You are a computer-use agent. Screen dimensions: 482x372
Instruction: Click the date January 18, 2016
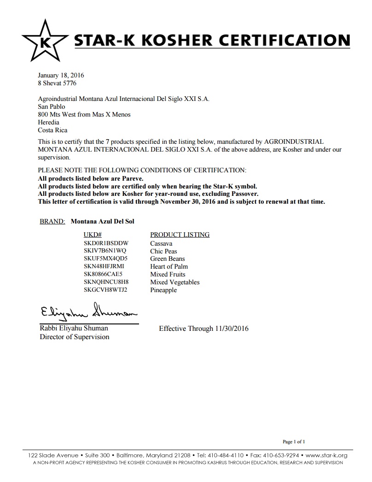tap(60, 75)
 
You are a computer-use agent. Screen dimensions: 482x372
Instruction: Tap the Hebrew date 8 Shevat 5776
tap(57, 83)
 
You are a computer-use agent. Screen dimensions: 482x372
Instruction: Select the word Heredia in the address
tap(48, 122)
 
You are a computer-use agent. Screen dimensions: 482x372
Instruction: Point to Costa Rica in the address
tap(52, 130)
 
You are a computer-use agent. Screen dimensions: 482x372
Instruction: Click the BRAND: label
tap(52, 221)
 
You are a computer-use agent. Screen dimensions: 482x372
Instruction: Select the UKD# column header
tap(92, 235)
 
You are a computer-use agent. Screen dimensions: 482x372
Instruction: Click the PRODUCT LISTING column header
tap(180, 235)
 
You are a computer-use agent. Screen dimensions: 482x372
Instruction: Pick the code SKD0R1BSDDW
tap(106, 243)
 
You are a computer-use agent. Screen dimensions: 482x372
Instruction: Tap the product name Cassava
tap(161, 243)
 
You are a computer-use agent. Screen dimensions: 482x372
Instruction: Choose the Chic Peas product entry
tap(163, 251)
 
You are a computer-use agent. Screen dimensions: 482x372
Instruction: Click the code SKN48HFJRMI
tap(104, 267)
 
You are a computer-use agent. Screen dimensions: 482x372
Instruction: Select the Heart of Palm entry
tap(169, 267)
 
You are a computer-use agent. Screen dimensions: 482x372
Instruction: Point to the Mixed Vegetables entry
tap(174, 282)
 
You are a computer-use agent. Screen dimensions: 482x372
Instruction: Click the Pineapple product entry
tap(163, 290)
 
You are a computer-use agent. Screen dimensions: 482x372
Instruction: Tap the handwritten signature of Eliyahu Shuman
tap(87, 312)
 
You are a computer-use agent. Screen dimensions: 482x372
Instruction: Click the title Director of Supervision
tap(74, 337)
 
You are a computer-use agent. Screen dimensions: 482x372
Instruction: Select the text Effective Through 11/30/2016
tap(203, 329)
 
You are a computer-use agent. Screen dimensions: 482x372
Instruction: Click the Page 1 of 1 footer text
tap(294, 441)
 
